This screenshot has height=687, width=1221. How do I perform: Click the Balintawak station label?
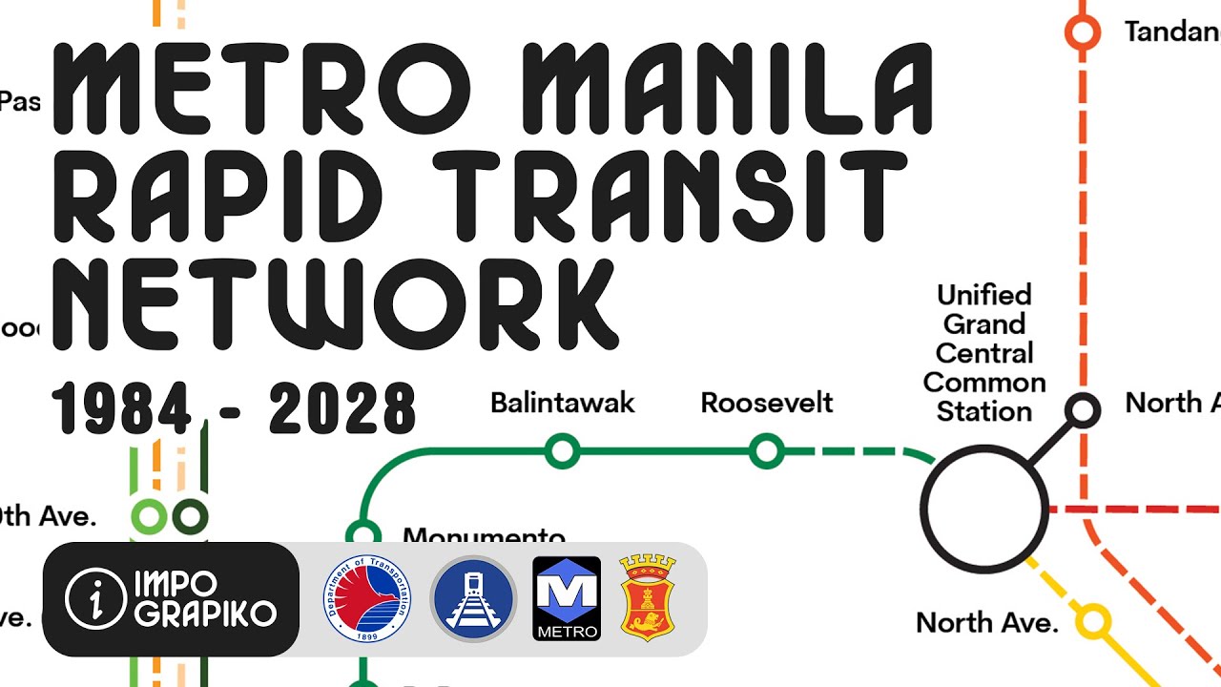562,404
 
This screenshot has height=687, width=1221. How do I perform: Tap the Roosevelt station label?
766,404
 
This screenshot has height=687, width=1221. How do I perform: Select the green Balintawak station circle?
562,450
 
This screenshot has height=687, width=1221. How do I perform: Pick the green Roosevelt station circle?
766,450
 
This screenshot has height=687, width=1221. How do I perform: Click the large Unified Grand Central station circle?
984,509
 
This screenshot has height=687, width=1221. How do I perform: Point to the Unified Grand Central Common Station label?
984,353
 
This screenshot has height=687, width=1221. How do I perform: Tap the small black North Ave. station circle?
1083,410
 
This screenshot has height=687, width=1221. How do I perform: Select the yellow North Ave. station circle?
1093,622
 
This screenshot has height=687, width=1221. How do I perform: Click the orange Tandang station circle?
1082,32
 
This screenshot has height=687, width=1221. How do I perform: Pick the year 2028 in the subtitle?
342,408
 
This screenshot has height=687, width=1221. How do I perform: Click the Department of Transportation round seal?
367,598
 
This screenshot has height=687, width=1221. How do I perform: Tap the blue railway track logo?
472,598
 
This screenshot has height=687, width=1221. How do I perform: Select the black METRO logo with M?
567,598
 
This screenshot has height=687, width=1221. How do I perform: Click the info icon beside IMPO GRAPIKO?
94,598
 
